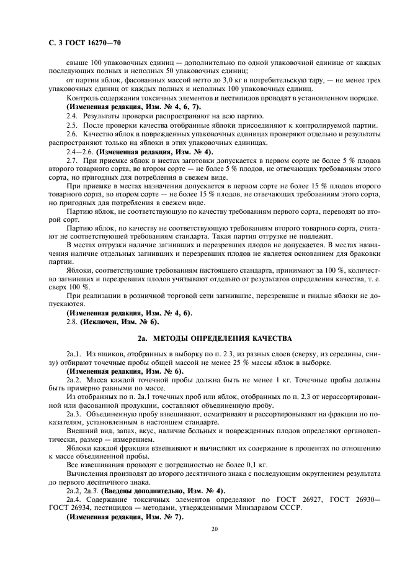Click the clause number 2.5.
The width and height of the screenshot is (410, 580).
72,125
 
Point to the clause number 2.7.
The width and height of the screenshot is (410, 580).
72,160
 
